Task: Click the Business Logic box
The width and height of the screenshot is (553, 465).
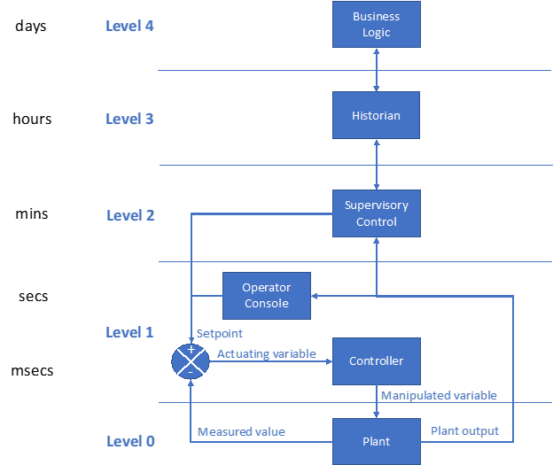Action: point(376,24)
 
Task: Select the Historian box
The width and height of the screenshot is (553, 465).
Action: point(376,115)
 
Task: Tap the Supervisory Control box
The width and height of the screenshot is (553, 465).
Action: point(376,213)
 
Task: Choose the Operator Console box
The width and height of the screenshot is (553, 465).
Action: point(266,295)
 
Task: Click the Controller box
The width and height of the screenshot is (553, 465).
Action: point(376,360)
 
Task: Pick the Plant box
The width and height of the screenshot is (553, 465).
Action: point(376,441)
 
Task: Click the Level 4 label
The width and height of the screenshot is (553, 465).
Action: point(129,26)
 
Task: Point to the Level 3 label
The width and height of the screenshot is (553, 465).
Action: point(129,119)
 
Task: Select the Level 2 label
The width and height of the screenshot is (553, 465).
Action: point(130,215)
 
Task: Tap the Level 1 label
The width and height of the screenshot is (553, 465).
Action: point(129,332)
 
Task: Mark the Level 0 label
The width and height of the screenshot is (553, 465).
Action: point(129,441)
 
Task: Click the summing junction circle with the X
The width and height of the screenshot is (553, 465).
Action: point(191,361)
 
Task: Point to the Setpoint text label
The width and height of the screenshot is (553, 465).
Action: point(219,334)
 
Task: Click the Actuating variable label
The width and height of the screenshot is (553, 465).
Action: point(266,353)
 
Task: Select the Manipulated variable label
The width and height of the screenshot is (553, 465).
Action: point(438,395)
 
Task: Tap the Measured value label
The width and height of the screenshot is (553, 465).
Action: point(241,431)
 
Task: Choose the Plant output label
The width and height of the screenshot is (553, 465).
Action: point(464,430)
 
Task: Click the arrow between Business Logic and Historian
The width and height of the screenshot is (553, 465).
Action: point(377,70)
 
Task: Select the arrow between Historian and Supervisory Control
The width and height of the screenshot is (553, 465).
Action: point(377,164)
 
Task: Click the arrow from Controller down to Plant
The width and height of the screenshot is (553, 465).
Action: point(377,401)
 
